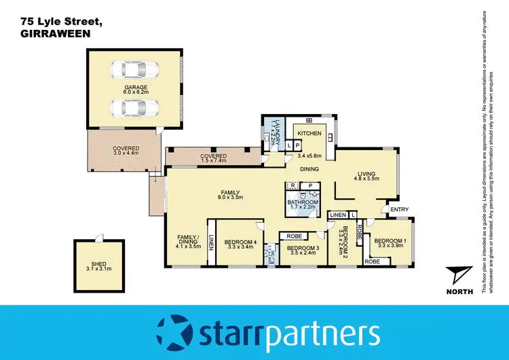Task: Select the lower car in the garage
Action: click(x=136, y=107)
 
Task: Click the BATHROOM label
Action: click(x=302, y=202)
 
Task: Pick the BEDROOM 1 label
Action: click(x=390, y=240)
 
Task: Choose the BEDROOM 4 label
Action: click(x=240, y=242)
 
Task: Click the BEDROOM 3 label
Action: click(x=303, y=249)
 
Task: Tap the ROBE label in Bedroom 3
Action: click(x=295, y=236)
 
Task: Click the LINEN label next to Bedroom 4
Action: click(x=212, y=242)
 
